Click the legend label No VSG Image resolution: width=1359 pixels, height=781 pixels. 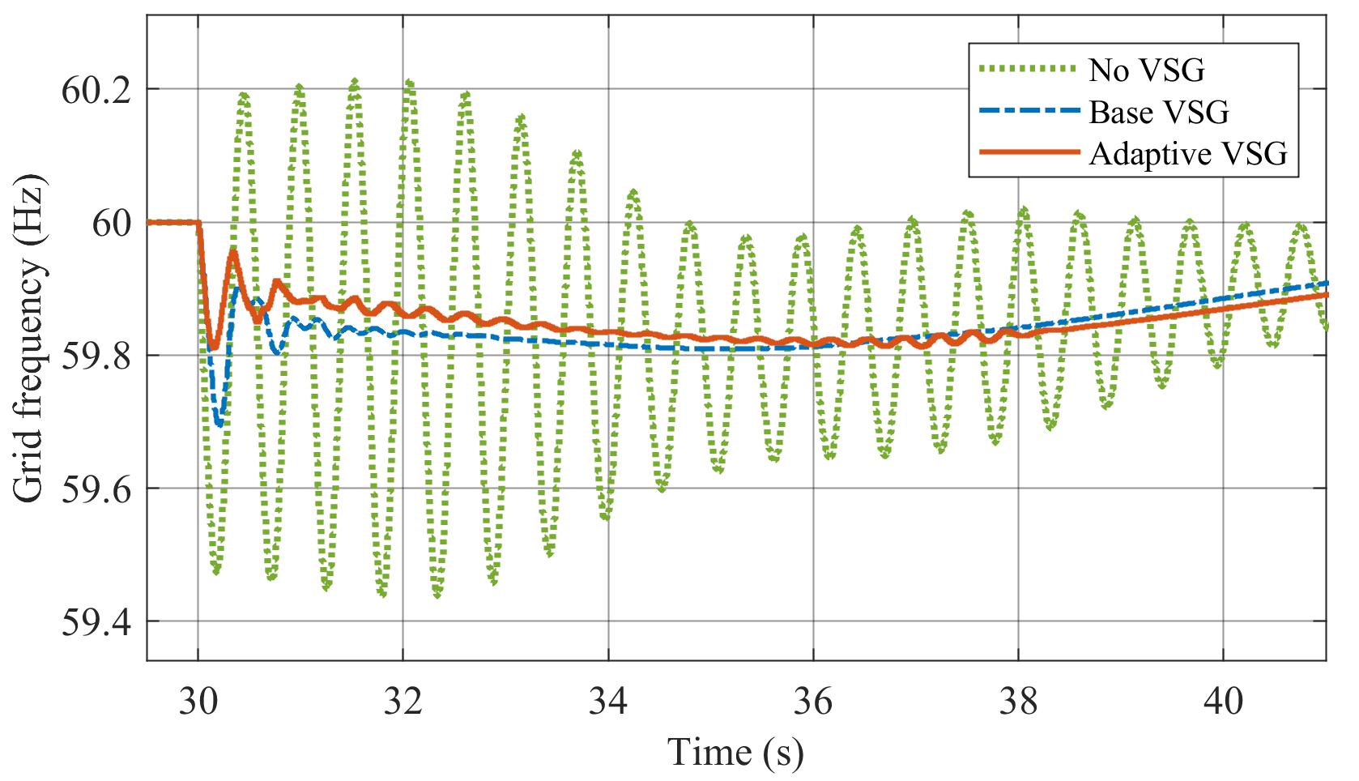pos(1147,70)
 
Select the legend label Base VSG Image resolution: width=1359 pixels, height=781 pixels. pos(1158,112)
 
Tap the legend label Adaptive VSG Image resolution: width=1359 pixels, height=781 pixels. pos(1188,153)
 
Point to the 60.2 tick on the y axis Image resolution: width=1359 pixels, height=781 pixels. pos(96,90)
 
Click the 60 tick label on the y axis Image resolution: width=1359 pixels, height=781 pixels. pos(111,223)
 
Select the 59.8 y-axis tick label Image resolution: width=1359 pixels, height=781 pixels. pos(96,356)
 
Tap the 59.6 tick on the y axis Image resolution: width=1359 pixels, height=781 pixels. pos(96,489)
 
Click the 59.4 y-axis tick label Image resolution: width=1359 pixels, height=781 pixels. pos(96,622)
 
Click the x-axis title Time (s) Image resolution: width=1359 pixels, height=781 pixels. pos(735,752)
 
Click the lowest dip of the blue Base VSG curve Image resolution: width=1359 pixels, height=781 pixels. pos(219,424)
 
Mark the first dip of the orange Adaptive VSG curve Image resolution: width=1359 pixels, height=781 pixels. pos(214,347)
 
